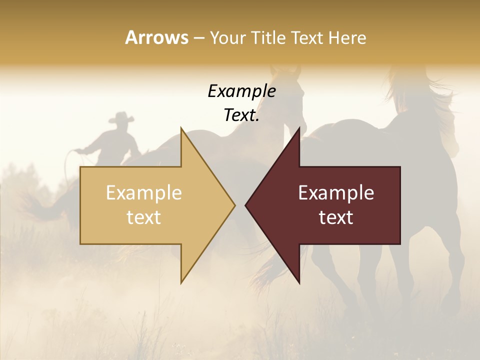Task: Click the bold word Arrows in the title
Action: coord(156,37)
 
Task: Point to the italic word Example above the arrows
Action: coord(241,91)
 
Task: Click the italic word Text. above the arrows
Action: coord(241,115)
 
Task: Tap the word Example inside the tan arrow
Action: coord(144,193)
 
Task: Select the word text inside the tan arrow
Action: coord(144,217)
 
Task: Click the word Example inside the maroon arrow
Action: coord(336,193)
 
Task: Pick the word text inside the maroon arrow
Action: coord(336,217)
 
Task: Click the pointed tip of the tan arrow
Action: coord(234,205)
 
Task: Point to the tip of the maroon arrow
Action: coord(246,205)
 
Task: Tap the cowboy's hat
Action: coord(121,117)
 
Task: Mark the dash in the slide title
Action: coord(198,38)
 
